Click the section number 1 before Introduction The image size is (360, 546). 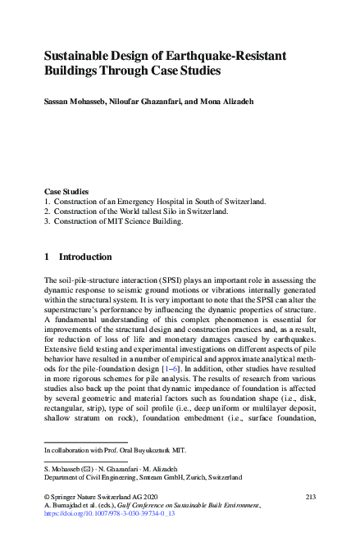(47, 257)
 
